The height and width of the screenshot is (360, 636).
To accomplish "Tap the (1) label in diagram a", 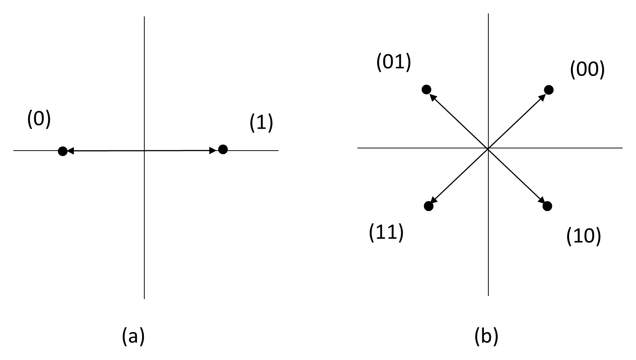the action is coord(261,123).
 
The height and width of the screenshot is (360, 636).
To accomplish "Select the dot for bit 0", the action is coord(62,151).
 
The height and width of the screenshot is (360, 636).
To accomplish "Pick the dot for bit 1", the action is coord(223,149).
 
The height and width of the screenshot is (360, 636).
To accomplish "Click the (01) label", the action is coord(394,62).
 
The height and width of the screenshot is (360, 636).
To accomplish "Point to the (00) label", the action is coord(587,70).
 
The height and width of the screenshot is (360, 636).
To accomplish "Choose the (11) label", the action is coord(386,232).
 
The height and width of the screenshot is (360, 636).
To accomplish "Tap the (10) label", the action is coord(584,236).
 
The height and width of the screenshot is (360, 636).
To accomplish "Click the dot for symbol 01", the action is coord(427,89).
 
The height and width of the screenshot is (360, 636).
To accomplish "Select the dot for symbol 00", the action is coord(549,90).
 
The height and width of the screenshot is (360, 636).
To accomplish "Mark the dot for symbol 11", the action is coord(428,206).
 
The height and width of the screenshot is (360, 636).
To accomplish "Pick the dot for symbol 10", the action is coord(547,206).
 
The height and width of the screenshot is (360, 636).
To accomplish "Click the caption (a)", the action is coord(133,336).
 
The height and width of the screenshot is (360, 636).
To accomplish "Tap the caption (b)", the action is coord(486,336).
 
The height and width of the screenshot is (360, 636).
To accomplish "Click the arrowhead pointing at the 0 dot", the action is coord(70,151).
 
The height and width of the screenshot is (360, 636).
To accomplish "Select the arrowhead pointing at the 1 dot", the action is coord(213,151).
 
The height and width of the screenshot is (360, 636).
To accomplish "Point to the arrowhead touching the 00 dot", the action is coord(542,97).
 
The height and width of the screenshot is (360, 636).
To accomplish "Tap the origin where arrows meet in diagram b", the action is coord(488,148).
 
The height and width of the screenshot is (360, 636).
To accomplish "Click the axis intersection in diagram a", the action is coord(144,151).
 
